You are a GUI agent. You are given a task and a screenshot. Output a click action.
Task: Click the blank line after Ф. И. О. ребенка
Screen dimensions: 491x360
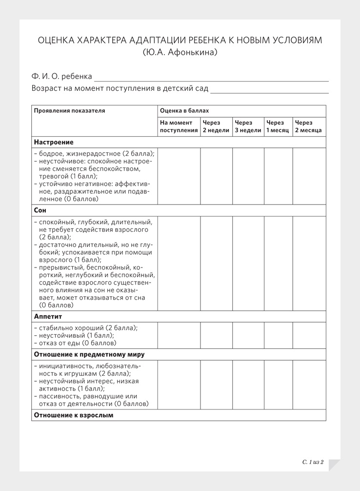211,77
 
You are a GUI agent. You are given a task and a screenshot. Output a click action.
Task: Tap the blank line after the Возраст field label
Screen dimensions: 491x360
269,89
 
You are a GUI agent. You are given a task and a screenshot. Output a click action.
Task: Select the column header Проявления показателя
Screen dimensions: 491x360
69,111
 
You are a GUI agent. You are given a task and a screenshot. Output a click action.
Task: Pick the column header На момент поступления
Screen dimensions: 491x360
179,126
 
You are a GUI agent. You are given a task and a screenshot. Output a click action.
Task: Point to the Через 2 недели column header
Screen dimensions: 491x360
216,126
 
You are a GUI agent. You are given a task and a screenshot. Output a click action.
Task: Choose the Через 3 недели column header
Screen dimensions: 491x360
248,126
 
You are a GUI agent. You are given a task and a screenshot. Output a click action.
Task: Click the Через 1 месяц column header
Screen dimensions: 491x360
278,126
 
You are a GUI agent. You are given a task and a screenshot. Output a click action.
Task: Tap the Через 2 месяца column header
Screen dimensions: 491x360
308,126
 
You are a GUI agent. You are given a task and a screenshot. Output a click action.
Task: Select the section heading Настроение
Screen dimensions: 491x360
54,142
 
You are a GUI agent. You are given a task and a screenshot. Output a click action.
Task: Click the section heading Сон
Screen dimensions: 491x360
40,210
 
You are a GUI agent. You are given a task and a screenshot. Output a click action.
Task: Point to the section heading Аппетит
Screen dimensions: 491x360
48,316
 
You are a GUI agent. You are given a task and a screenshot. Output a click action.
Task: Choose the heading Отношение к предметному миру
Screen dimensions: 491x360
89,354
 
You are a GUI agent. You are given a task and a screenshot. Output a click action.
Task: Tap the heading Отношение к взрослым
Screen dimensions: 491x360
74,415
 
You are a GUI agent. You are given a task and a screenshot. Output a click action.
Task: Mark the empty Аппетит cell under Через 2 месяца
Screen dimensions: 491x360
309,335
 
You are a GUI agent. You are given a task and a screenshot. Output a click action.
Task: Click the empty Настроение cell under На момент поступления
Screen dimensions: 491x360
179,176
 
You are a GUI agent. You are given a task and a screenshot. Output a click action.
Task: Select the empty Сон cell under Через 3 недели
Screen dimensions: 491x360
248,263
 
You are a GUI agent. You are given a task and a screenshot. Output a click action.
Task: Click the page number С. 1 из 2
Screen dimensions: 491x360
313,462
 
